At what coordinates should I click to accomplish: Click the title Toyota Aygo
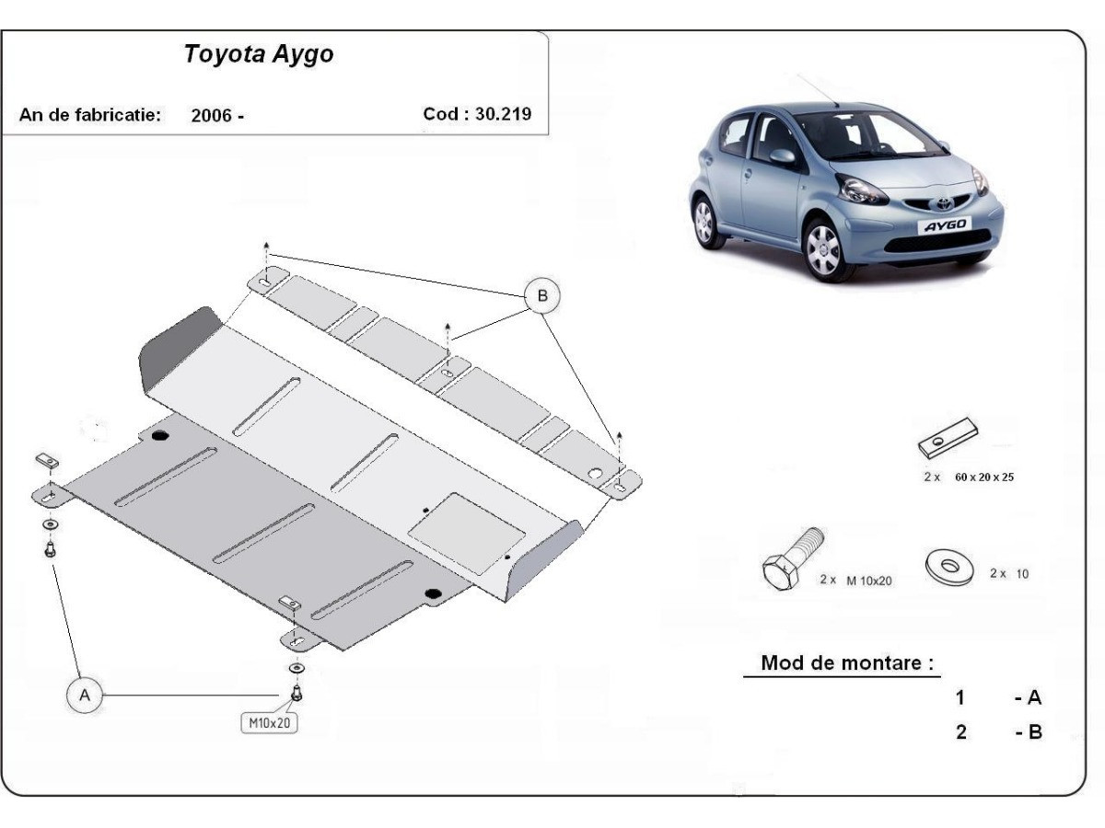(259, 54)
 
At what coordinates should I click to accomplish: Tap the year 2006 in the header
(212, 116)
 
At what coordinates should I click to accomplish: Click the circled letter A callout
(85, 696)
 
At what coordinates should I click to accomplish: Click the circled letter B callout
(541, 295)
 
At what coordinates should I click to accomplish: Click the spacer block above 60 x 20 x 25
(948, 439)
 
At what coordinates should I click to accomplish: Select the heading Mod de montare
(846, 663)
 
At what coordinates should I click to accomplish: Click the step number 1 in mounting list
(960, 697)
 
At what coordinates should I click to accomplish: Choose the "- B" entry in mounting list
(1028, 733)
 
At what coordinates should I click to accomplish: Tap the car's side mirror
(783, 156)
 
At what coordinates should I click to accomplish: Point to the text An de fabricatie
(90, 116)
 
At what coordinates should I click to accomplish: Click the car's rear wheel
(704, 222)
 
